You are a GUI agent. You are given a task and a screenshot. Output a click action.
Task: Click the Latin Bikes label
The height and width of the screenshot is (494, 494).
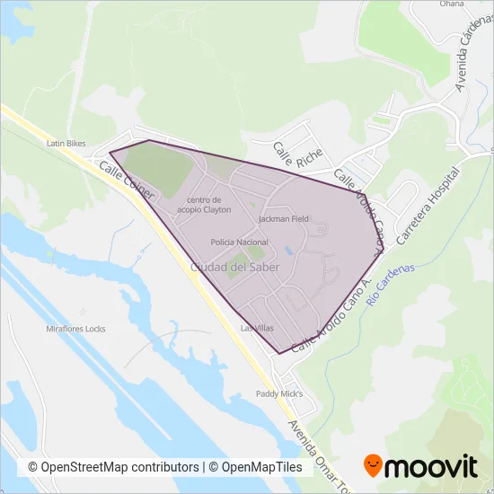point(66,143)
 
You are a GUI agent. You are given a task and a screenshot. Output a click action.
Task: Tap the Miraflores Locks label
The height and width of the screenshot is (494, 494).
point(75,329)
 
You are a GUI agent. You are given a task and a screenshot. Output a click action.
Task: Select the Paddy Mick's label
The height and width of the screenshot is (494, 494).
point(280,393)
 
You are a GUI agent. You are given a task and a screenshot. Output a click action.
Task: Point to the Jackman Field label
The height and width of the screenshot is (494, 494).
point(283,218)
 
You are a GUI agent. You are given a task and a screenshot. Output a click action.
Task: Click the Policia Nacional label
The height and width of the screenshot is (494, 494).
point(239,243)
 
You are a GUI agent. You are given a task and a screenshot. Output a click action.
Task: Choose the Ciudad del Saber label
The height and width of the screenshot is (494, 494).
point(234,267)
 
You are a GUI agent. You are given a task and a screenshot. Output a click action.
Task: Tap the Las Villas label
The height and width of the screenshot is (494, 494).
point(257,329)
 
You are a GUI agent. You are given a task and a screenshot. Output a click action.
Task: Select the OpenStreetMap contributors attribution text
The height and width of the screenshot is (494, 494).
point(114,467)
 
